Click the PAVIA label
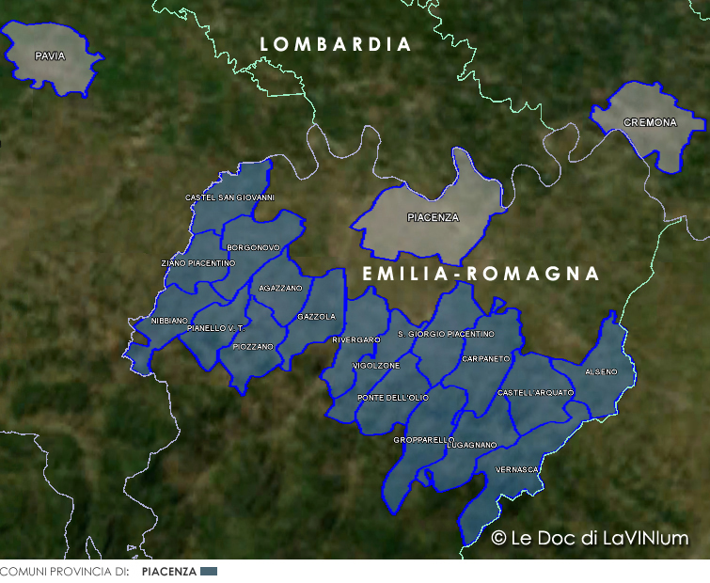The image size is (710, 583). [x=50, y=56]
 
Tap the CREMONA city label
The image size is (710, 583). [x=650, y=123]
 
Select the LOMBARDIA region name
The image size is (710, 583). [x=336, y=45]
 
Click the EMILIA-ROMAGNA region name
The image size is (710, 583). [x=481, y=274]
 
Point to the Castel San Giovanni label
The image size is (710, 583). [x=229, y=197]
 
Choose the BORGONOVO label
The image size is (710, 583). [x=254, y=247]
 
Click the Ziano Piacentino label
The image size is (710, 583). [x=198, y=263]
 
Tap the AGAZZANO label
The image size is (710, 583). [x=280, y=288]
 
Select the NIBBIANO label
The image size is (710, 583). [x=170, y=321]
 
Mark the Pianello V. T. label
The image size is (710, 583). [x=215, y=328]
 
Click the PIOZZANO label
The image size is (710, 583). [x=253, y=347]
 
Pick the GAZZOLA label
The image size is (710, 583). [x=316, y=317]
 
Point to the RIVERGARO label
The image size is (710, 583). [x=356, y=339]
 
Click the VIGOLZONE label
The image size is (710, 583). [x=376, y=365]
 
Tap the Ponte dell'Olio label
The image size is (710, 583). [x=393, y=398]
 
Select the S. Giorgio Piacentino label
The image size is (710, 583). [x=446, y=334]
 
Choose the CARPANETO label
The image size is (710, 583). [x=486, y=359]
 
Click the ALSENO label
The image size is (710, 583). [x=601, y=372]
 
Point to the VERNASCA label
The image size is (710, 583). [x=516, y=468]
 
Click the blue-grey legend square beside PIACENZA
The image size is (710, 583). [x=209, y=572]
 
